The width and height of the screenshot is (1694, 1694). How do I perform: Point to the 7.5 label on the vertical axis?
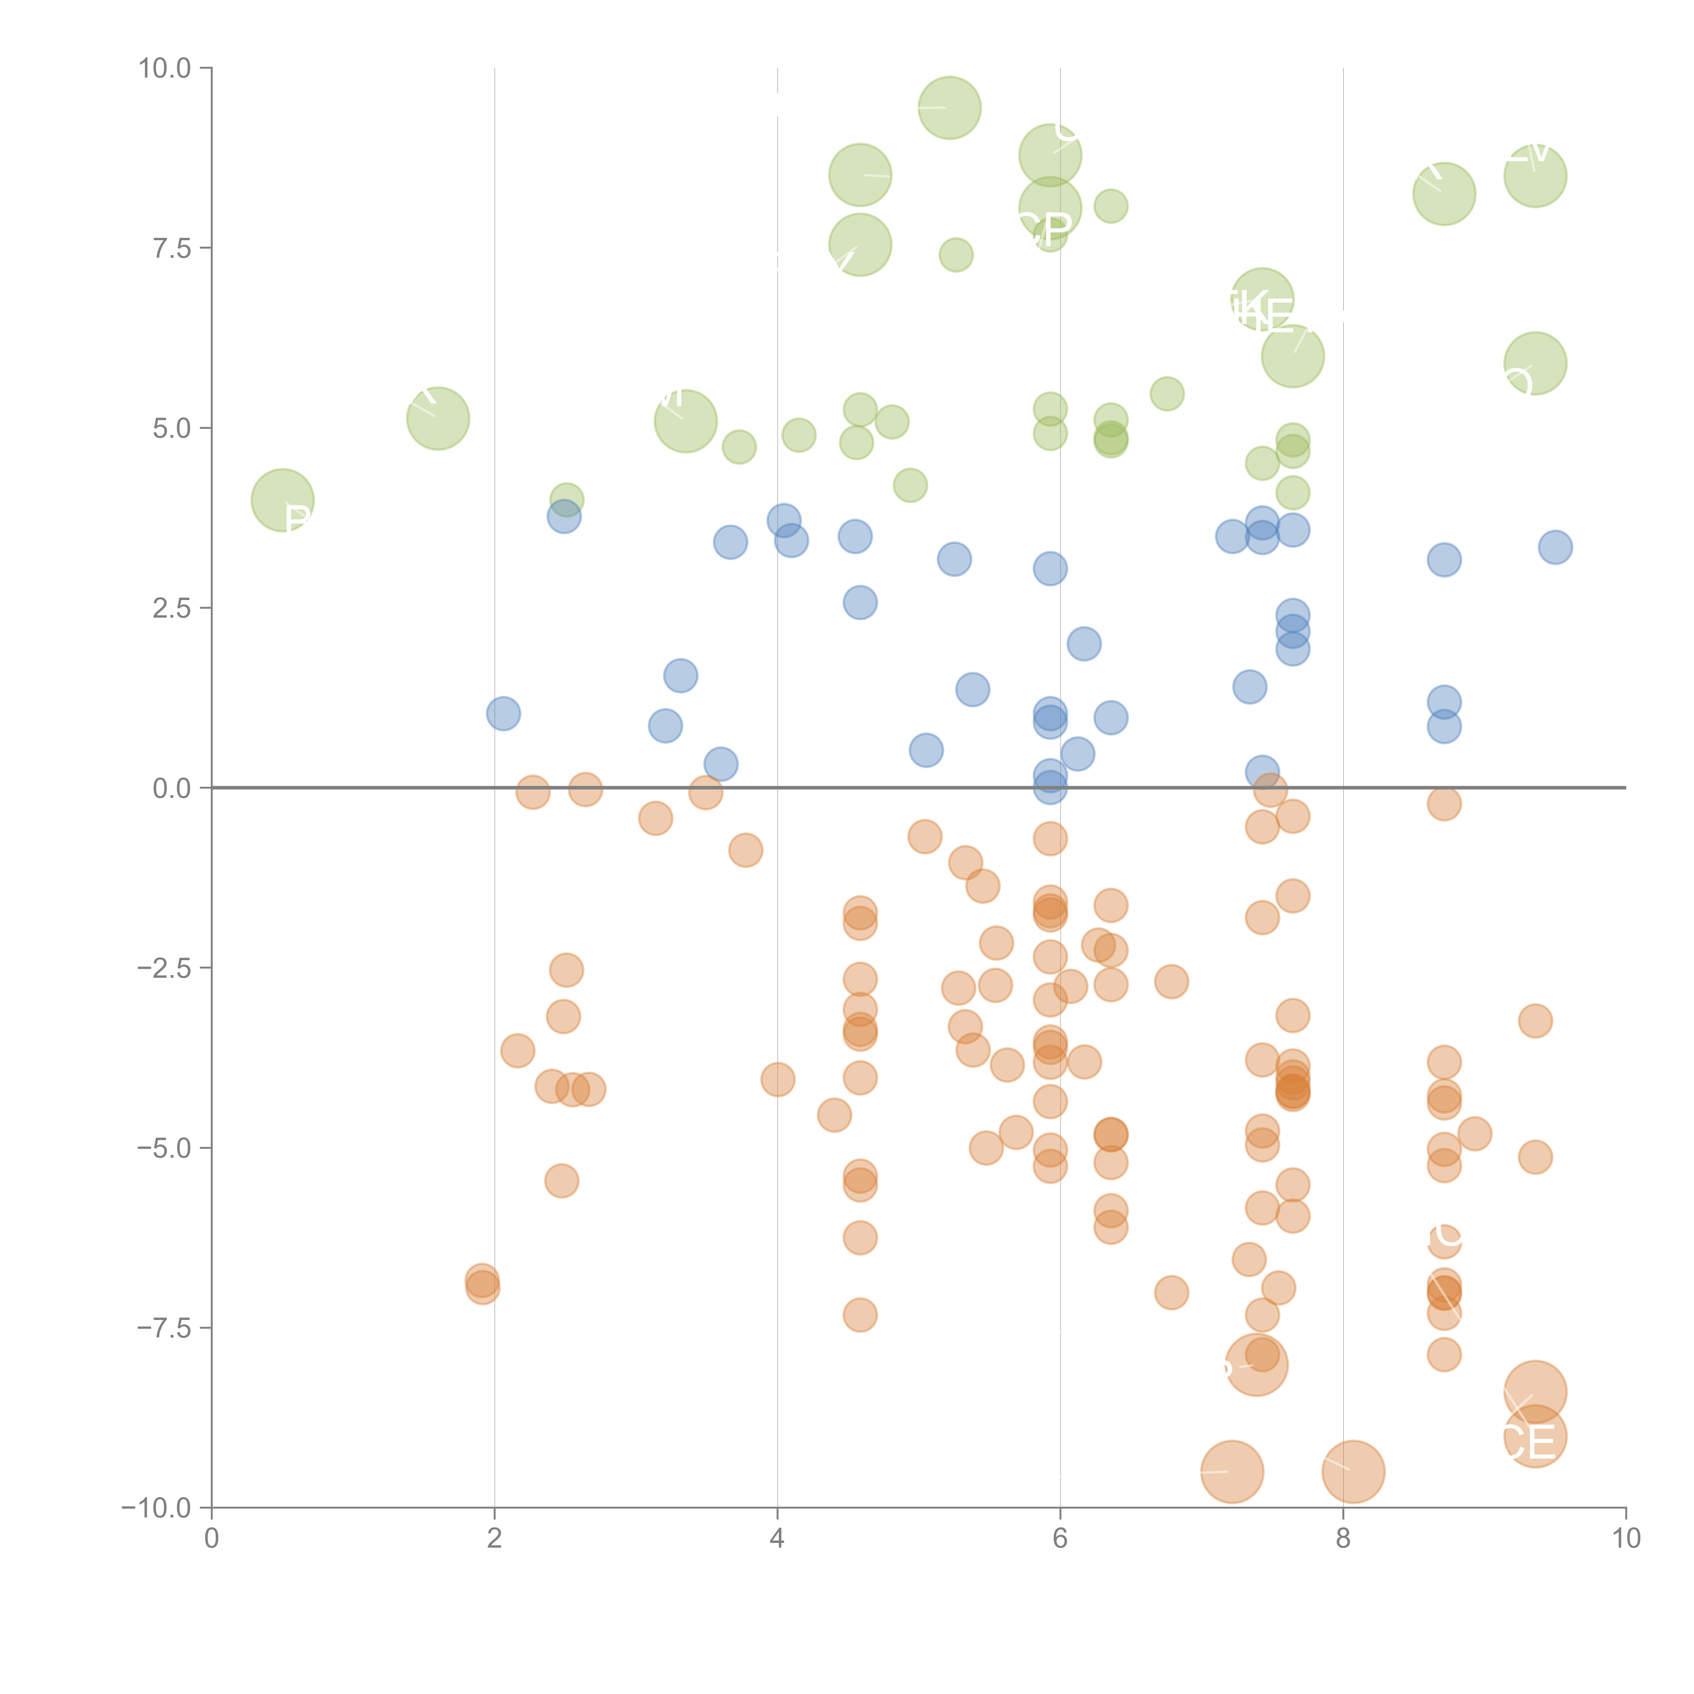click(x=172, y=248)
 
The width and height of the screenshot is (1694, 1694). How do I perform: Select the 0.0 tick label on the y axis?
click(x=172, y=788)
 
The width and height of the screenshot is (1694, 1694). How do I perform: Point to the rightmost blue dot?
click(x=1555, y=547)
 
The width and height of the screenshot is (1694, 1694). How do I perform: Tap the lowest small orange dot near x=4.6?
click(x=860, y=1314)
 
